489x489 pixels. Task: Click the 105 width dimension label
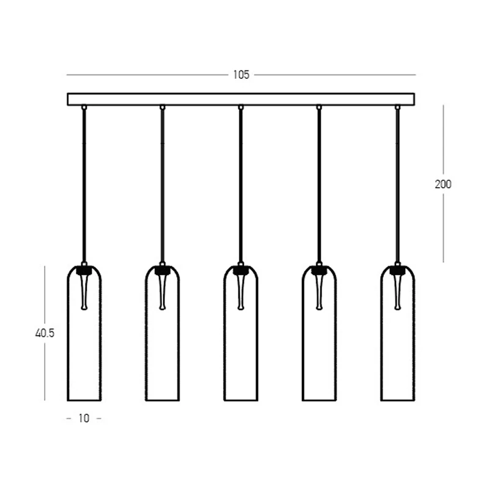(x=241, y=75)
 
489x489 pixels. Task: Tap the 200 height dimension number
(x=443, y=185)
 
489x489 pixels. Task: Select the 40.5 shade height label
(x=45, y=333)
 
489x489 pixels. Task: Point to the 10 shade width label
(x=84, y=418)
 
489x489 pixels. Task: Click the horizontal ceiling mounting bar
(x=241, y=99)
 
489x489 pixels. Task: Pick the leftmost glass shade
(x=68, y=333)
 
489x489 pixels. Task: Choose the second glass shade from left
(x=145, y=333)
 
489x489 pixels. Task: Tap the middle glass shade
(x=224, y=333)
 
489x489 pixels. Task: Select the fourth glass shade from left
(x=303, y=333)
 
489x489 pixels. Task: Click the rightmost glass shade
(x=381, y=333)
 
